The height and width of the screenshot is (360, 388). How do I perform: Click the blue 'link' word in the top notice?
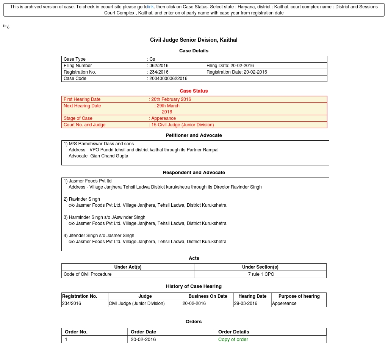tap(151, 7)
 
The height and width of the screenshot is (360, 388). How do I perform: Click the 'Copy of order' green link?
tap(233, 340)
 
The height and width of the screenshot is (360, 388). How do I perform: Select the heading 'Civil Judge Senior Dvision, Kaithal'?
tap(194, 40)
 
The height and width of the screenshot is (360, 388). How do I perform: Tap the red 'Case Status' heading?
tap(194, 91)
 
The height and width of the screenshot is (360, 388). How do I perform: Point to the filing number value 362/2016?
tap(159, 66)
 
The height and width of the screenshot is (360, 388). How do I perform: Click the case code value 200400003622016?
tap(168, 79)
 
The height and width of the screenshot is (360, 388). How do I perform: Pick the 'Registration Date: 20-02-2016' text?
tap(237, 72)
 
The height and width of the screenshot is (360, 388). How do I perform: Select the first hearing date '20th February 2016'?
tap(171, 99)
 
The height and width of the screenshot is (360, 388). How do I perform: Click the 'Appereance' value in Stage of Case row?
tap(164, 118)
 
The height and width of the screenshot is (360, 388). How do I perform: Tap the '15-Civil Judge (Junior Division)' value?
tap(183, 125)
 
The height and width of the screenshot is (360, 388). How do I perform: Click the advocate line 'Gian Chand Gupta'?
tap(99, 156)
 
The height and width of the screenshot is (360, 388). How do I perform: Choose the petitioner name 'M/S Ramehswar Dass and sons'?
tap(101, 144)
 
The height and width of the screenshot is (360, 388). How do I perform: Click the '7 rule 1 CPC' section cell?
tap(261, 274)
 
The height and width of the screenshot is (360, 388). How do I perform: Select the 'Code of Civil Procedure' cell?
tap(88, 274)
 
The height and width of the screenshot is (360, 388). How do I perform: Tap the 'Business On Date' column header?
tap(208, 296)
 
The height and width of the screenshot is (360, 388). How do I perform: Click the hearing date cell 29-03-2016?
tap(246, 303)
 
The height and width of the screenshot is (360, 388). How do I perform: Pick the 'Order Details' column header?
tap(234, 332)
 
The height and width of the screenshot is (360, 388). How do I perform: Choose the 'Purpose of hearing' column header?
tap(299, 296)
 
